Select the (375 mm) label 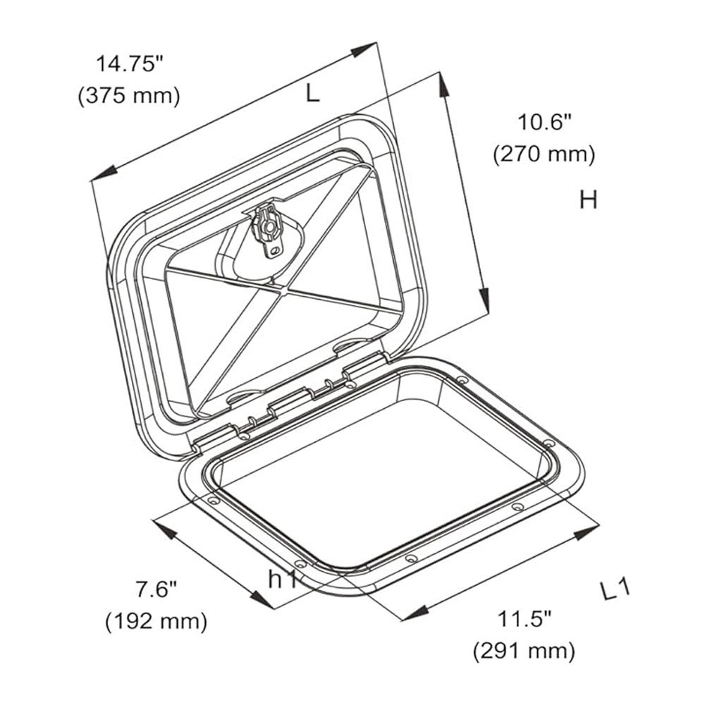point(129,95)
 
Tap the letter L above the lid point(312,92)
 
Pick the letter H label point(588,200)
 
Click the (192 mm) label point(157,621)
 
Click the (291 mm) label point(524,650)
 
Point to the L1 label point(614,591)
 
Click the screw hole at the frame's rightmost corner point(547,444)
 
